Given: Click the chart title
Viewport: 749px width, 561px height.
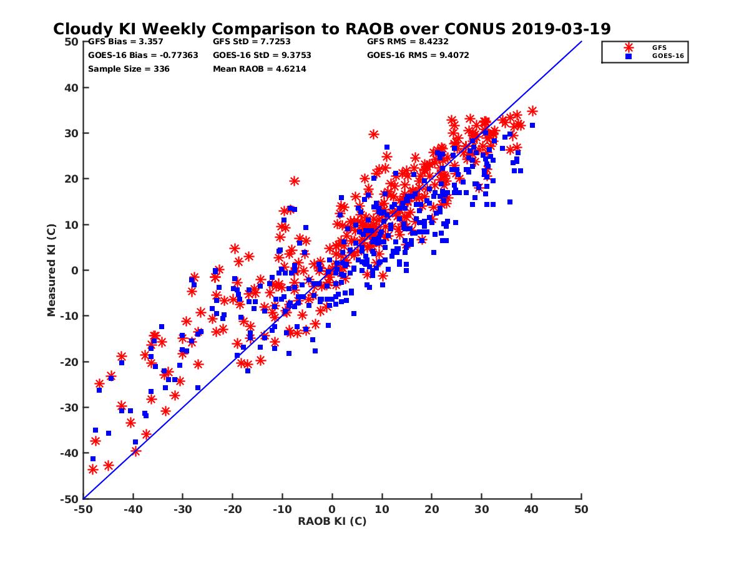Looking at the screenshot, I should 331,29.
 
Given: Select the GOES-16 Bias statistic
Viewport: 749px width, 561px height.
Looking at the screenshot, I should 143,55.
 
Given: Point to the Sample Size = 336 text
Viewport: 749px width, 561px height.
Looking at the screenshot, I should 129,69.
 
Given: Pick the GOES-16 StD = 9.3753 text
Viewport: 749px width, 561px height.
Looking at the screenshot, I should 262,55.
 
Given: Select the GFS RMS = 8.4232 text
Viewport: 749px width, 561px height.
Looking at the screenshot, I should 408,42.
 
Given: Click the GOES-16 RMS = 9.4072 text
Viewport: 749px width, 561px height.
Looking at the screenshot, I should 418,55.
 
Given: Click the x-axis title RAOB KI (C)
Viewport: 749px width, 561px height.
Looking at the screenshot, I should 332,521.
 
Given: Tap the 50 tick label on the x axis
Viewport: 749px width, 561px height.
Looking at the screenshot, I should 581,510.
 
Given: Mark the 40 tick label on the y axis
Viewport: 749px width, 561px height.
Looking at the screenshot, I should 71,87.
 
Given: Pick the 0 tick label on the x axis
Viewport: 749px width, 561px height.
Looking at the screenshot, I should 332,510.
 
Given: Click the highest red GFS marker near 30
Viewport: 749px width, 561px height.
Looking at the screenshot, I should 374,134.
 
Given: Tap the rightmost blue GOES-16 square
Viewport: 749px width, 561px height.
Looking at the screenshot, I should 532,125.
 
